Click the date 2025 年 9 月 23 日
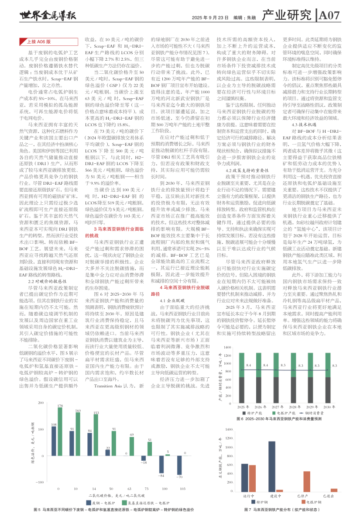tap(210, 17)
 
